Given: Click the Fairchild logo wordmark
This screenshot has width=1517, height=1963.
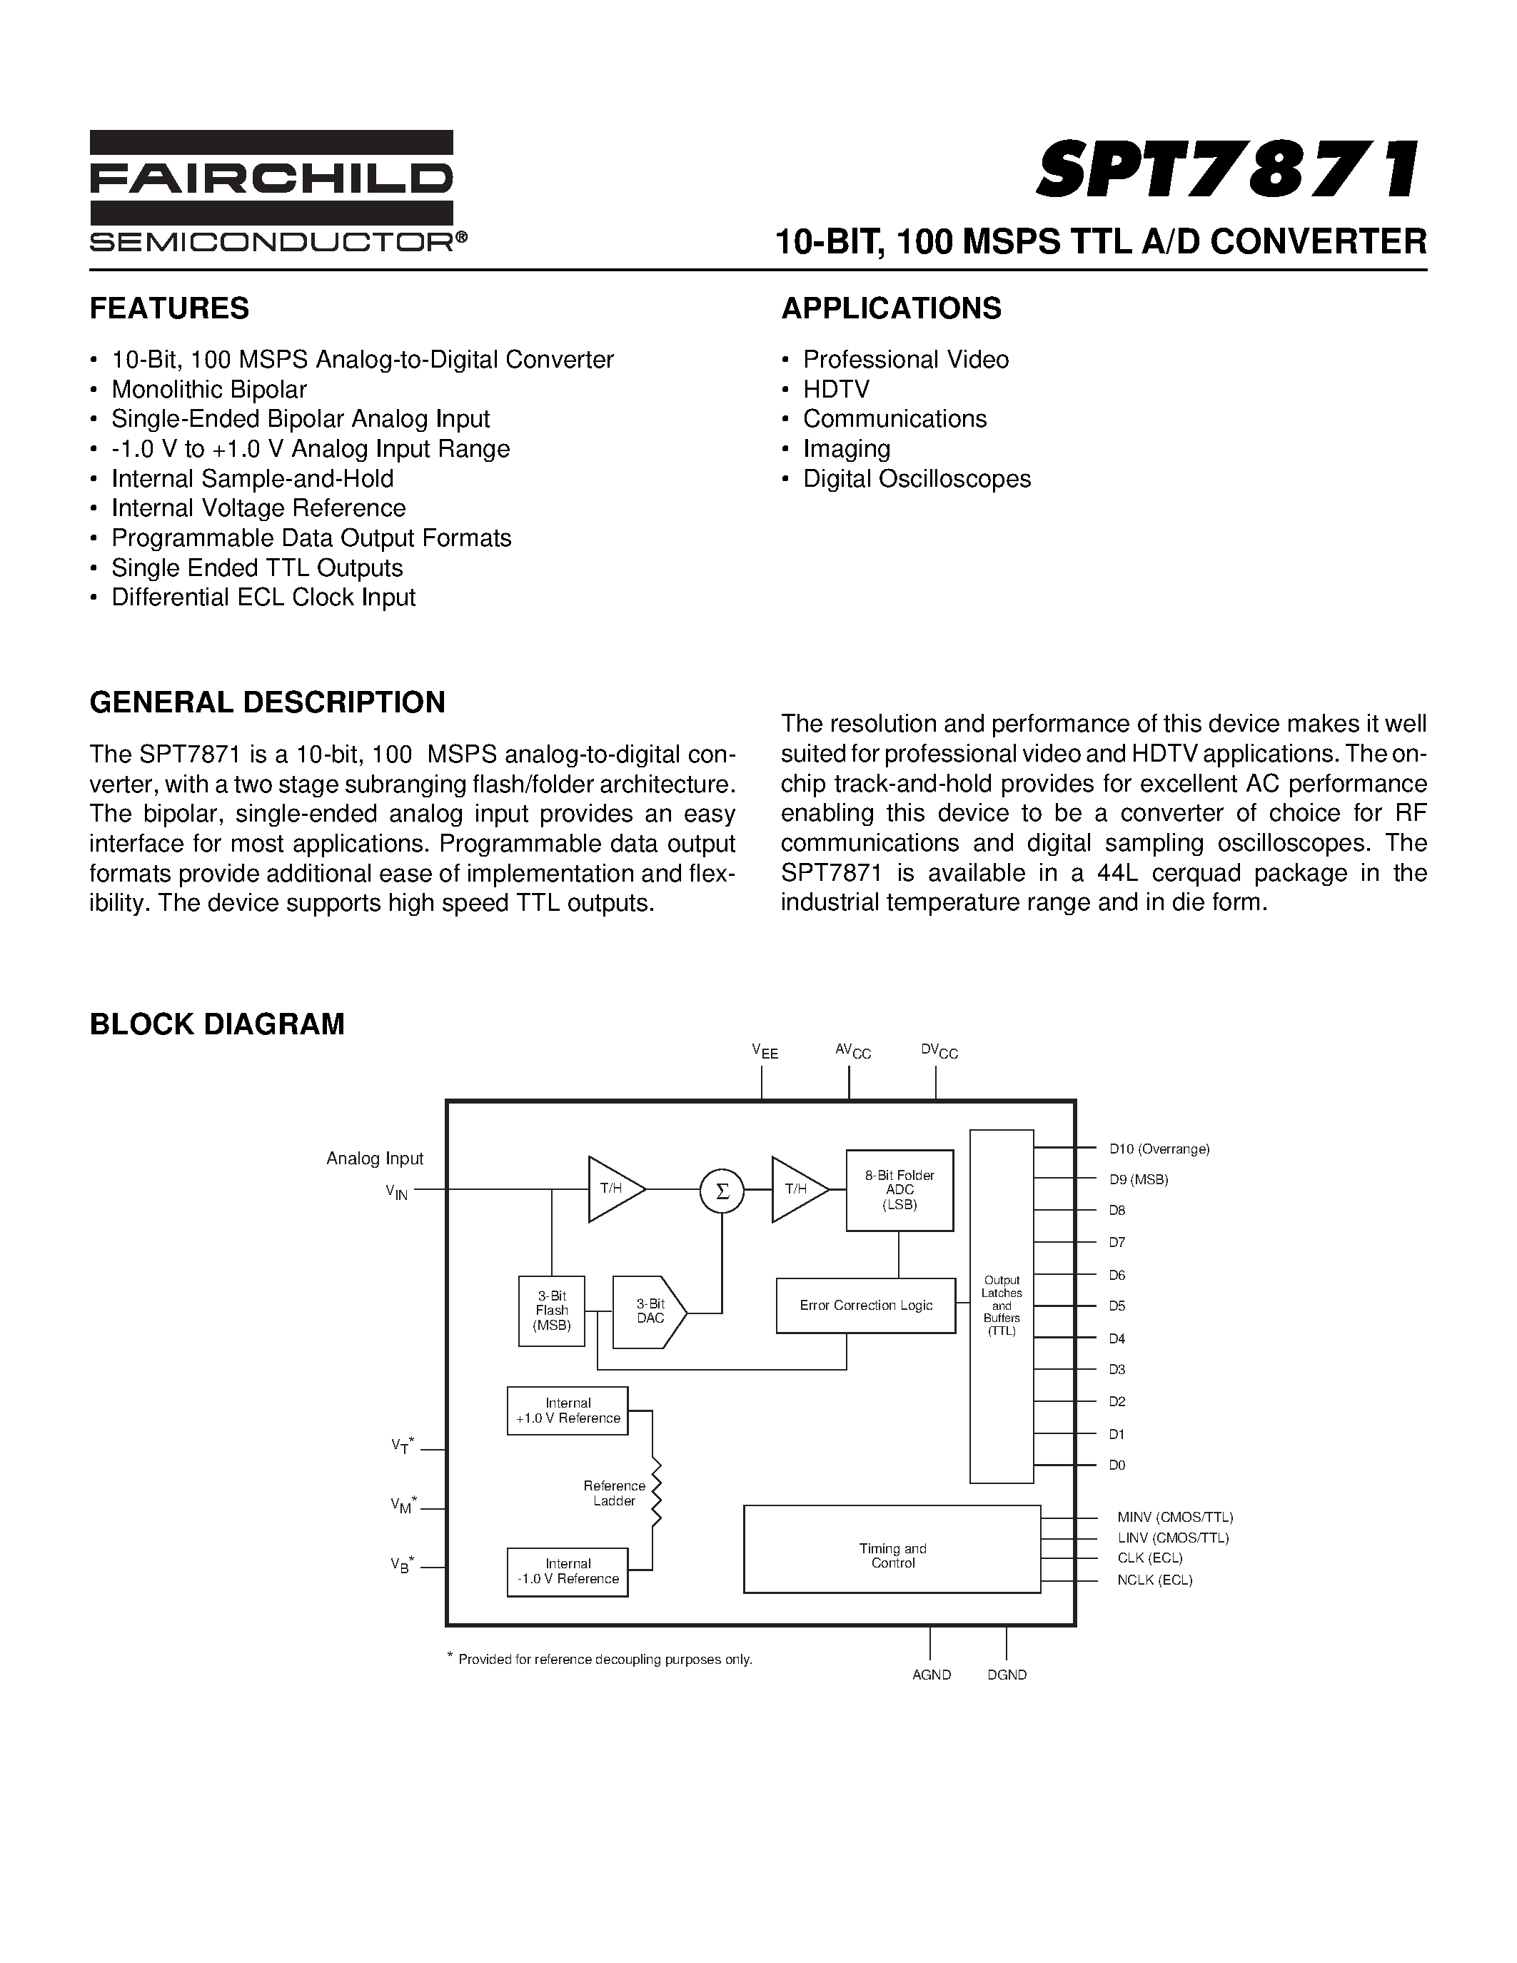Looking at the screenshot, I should point(271,178).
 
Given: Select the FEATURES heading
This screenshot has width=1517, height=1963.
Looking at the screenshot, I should point(169,308).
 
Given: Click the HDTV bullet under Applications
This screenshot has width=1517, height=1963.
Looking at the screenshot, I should point(836,389).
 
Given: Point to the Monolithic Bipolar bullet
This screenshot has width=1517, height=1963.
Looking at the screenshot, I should point(208,389).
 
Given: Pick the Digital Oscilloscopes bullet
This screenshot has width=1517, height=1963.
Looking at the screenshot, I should point(917,479).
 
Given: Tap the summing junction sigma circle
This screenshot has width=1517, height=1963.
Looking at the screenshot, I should point(722,1190).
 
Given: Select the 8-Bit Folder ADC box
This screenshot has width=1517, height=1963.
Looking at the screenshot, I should point(899,1190).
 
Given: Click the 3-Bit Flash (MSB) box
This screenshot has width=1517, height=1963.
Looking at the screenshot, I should point(552,1311).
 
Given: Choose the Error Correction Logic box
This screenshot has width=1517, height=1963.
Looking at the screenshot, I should point(865,1305).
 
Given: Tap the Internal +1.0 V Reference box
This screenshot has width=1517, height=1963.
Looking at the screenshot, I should point(567,1411).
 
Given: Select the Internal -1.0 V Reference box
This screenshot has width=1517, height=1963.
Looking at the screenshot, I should point(567,1571).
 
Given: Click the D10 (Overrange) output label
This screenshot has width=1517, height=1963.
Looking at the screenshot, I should point(1159,1149).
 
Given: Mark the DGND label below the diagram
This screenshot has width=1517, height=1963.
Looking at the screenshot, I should point(1007,1675).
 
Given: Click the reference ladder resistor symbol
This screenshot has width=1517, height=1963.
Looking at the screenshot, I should point(656,1493).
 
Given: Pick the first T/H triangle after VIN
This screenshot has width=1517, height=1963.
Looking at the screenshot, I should point(614,1189).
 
